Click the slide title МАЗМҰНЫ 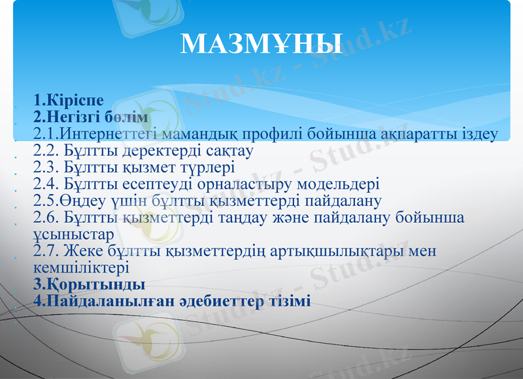(261, 43)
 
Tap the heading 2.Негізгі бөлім (91, 118)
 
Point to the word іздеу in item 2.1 (479, 135)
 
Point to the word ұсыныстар (73, 233)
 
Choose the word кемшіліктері (81, 267)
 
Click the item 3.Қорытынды (89, 284)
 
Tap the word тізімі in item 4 (288, 301)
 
